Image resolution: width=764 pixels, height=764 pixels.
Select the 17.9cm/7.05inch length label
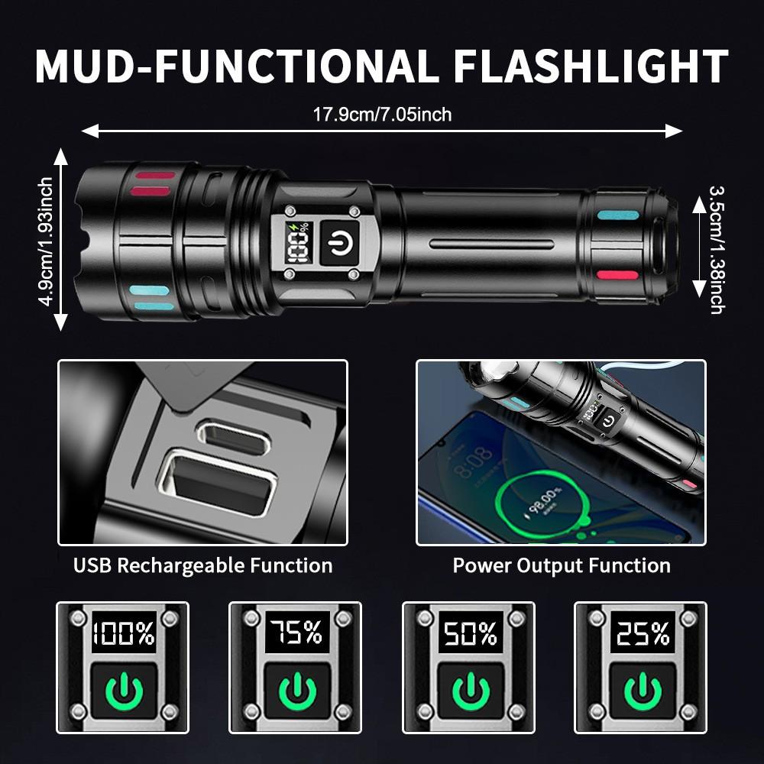tap(382, 115)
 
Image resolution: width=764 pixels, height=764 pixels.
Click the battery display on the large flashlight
tap(295, 244)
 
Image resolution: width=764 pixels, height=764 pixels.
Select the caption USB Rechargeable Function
tap(202, 566)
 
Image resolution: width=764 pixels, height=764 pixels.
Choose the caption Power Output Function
tap(562, 566)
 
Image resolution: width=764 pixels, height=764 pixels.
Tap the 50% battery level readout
tap(468, 633)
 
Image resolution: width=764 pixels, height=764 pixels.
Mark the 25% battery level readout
tap(640, 633)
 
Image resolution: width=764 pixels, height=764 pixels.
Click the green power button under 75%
tap(296, 692)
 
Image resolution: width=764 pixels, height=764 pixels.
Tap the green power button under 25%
tap(640, 692)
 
